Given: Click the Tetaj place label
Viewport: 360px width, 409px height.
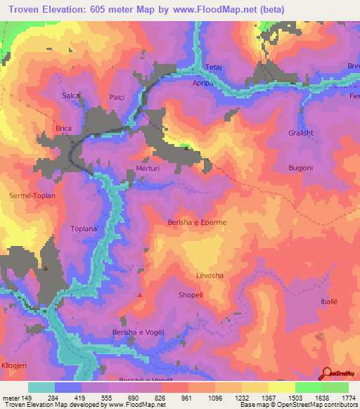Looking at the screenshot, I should coord(213,67).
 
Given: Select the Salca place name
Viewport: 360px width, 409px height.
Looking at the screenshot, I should coord(70,95).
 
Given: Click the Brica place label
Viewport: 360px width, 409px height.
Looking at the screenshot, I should coord(64,129).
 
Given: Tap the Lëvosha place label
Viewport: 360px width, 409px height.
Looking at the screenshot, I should coord(209,275).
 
